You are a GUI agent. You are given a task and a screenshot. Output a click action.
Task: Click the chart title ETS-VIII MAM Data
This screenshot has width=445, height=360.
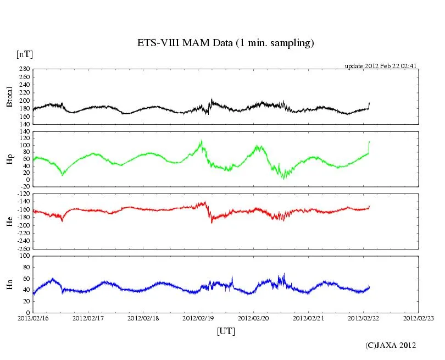[x=225, y=43]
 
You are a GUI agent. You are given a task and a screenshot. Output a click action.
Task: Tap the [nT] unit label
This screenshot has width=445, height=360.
[x=24, y=54]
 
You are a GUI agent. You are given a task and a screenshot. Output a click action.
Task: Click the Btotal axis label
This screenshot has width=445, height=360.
[x=9, y=97]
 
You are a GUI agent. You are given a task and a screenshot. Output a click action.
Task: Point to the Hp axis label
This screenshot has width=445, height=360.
[x=9, y=159]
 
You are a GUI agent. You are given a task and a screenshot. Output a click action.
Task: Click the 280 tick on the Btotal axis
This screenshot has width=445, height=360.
[x=24, y=70]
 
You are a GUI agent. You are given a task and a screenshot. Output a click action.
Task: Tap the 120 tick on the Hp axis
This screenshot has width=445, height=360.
[x=24, y=132]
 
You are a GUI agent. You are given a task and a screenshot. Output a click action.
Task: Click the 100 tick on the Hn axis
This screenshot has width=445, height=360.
[x=24, y=256]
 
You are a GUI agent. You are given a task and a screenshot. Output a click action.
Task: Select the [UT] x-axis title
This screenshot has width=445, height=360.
[x=226, y=331]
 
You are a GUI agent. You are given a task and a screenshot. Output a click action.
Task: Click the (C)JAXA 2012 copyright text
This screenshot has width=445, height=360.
[x=391, y=345]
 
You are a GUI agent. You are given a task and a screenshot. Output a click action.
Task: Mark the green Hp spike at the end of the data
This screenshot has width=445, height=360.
[x=369, y=144]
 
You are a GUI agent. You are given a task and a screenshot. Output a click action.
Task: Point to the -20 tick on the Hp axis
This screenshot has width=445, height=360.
[x=23, y=186]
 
